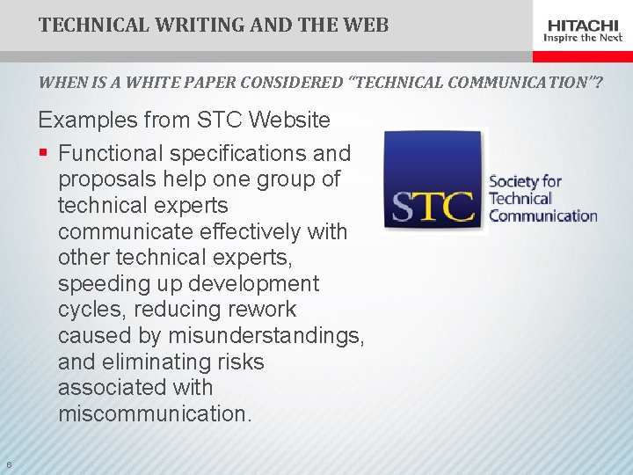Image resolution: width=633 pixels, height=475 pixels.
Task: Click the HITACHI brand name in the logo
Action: click(583, 25)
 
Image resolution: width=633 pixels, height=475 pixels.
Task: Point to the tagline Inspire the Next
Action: click(583, 38)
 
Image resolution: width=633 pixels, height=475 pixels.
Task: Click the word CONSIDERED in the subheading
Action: click(287, 84)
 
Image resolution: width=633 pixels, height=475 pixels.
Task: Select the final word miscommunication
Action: click(154, 413)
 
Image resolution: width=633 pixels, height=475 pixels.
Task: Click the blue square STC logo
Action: click(434, 182)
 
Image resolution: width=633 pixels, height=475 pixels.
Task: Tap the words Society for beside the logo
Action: click(525, 182)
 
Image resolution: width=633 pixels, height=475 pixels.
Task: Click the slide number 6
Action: click(8, 464)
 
